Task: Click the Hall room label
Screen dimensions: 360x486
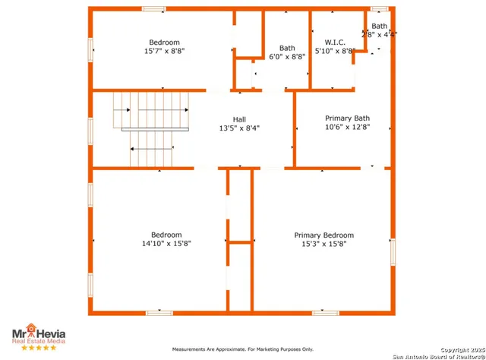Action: pos(239,119)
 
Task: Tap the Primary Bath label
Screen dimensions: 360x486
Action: pos(347,118)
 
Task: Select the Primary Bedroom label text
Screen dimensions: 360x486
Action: pos(323,235)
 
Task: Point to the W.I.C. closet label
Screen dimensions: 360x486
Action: pos(335,42)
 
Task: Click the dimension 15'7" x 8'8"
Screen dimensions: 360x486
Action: pos(164,51)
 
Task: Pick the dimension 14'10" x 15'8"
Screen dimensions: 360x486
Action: pos(166,244)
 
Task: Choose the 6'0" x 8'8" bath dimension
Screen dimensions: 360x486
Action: pos(287,56)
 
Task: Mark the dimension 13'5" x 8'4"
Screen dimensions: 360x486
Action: pos(239,128)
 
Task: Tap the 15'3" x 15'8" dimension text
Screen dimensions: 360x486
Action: pos(323,245)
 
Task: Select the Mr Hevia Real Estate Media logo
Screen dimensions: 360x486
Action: pos(38,336)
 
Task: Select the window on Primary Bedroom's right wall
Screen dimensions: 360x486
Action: pos(393,251)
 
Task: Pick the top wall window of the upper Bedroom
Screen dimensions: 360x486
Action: pos(154,9)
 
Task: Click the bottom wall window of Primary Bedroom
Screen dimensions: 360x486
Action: pos(324,312)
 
